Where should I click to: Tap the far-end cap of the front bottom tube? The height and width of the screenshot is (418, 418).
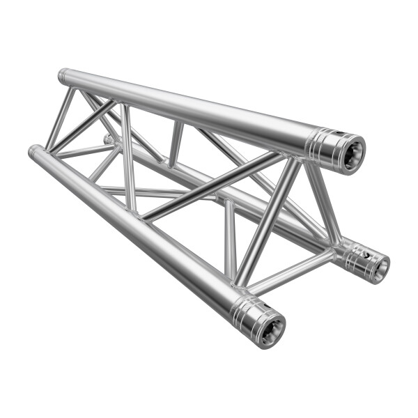point(33,150)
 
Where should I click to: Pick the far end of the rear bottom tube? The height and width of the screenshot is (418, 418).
point(108,139)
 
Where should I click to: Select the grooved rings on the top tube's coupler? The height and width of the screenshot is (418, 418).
point(318,142)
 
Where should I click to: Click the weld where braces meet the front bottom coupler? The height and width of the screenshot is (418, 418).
point(240,282)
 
